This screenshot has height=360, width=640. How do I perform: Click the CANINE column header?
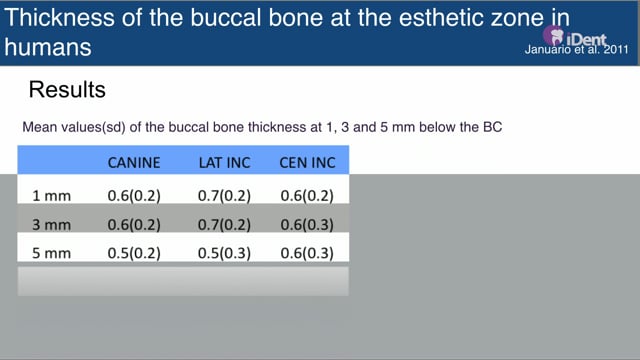pyautogui.click(x=134, y=163)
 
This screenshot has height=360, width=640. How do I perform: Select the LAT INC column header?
pyautogui.click(x=224, y=163)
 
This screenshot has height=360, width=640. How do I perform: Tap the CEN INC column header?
pyautogui.click(x=307, y=163)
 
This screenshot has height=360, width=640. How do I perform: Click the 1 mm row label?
pyautogui.click(x=51, y=196)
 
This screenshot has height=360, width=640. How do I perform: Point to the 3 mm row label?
pyautogui.click(x=51, y=224)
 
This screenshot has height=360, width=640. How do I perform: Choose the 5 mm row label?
pyautogui.click(x=51, y=253)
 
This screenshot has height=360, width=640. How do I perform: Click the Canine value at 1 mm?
pyautogui.click(x=134, y=196)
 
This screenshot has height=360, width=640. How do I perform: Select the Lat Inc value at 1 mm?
pyautogui.click(x=224, y=196)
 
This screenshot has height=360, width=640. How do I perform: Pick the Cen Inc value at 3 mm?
pyautogui.click(x=307, y=224)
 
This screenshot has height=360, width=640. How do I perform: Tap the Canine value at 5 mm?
pyautogui.click(x=134, y=253)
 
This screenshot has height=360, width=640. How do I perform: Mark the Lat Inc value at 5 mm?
pyautogui.click(x=224, y=253)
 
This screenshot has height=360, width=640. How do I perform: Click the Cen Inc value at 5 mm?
pyautogui.click(x=307, y=253)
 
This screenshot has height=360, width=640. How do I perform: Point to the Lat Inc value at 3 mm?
pyautogui.click(x=224, y=224)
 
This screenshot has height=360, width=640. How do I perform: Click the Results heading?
pyautogui.click(x=67, y=89)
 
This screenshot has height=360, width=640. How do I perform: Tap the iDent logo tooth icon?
pyautogui.click(x=554, y=36)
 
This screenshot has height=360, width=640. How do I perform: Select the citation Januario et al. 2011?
pyautogui.click(x=576, y=50)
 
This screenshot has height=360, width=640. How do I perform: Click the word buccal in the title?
pyautogui.click(x=226, y=18)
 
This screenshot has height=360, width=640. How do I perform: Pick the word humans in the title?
pyautogui.click(x=48, y=47)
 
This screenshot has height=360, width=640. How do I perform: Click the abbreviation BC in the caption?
pyautogui.click(x=492, y=127)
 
